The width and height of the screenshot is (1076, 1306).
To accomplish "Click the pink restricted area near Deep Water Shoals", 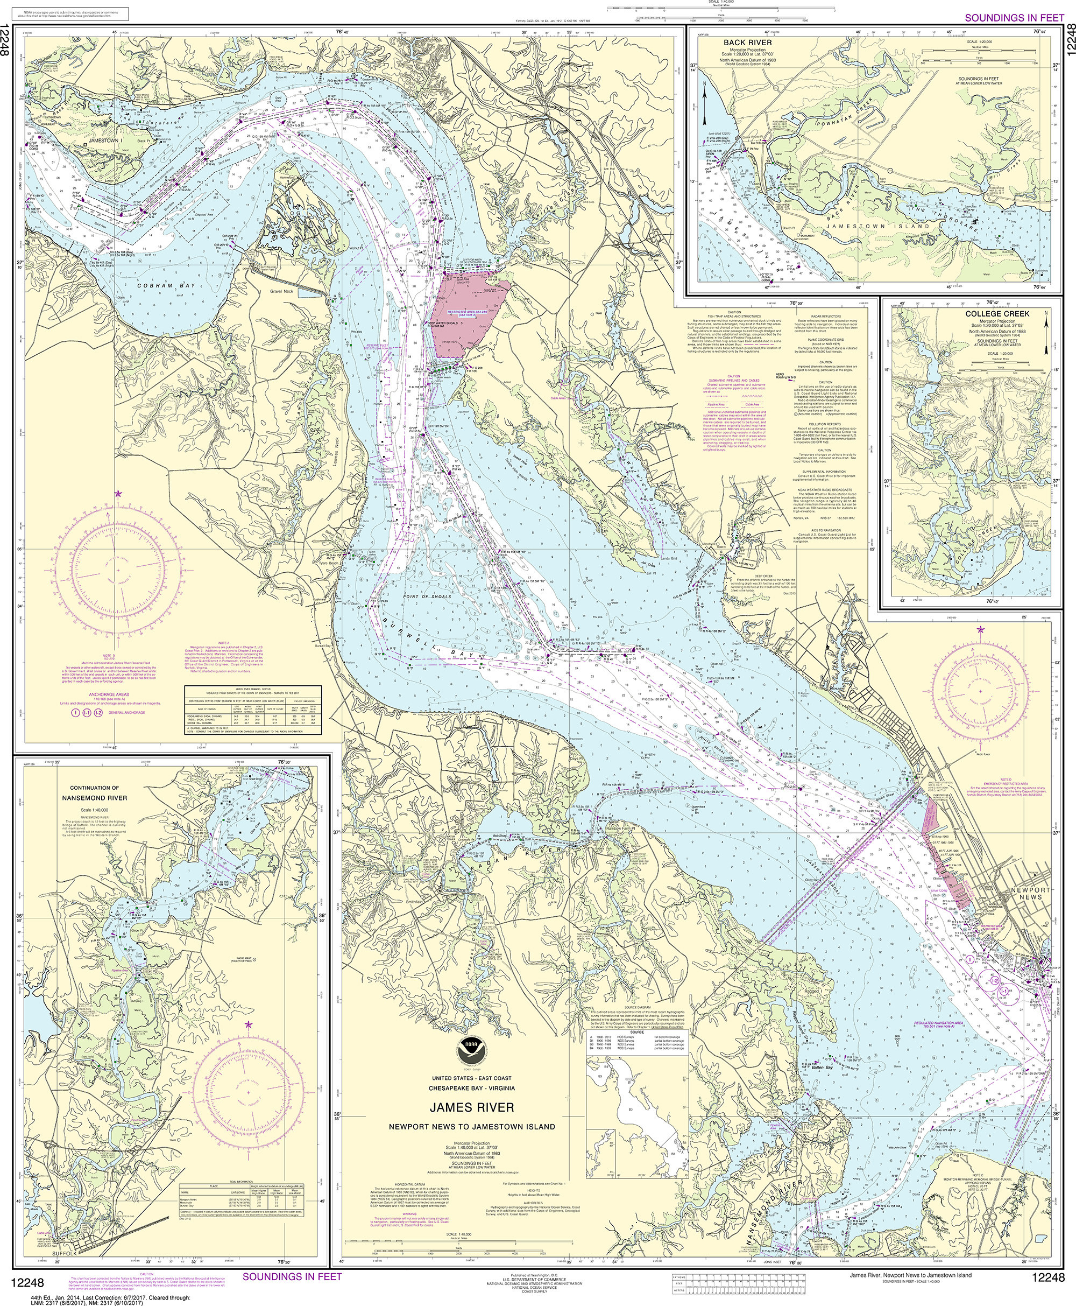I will [474, 315].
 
